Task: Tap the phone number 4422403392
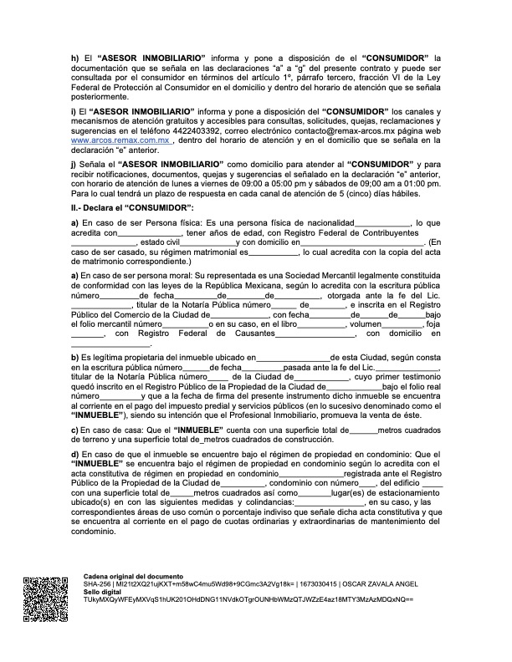tap(205, 132)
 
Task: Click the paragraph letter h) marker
tap(74, 57)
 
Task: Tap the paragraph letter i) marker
tap(74, 111)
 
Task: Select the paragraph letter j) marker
tap(74, 165)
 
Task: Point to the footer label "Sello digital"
tap(105, 593)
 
